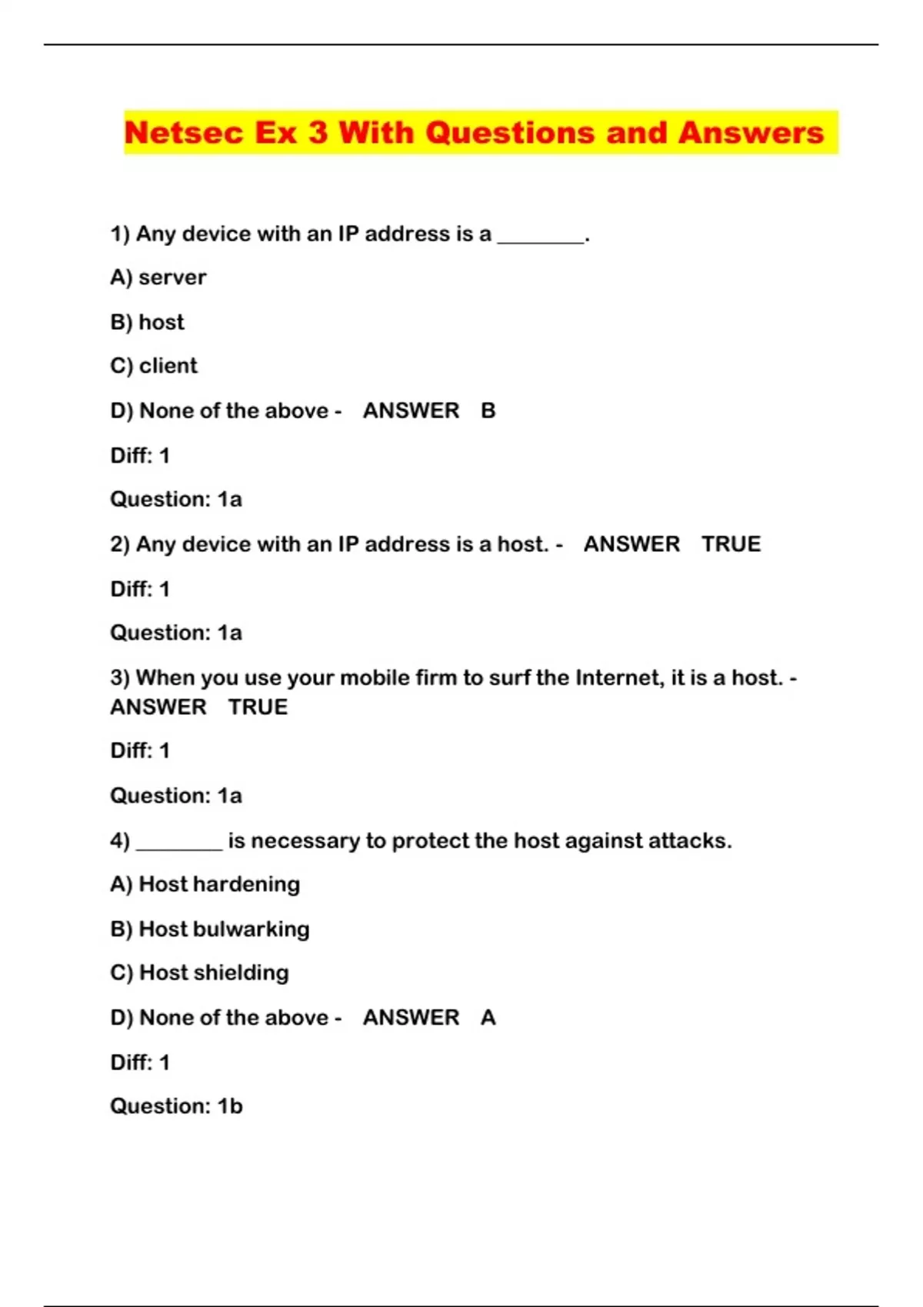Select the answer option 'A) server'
158,277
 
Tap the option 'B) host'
148,321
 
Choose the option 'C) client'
154,365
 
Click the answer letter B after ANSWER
488,411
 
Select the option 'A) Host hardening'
205,884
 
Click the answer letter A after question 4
488,1017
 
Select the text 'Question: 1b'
176,1106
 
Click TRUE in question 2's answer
731,544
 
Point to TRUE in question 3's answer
258,707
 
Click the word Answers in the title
751,133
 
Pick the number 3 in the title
318,133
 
